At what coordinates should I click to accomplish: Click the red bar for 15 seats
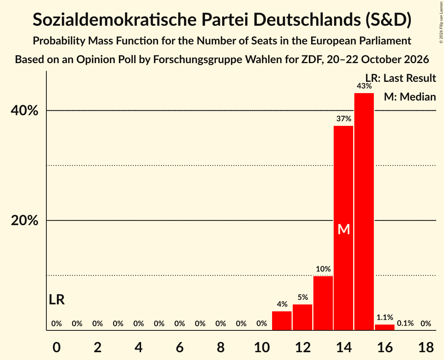click(364, 212)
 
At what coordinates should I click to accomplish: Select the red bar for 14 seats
click(343, 228)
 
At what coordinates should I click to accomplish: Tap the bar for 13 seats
click(323, 303)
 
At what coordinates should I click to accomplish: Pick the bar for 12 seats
click(302, 317)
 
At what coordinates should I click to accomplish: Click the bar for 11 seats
click(282, 321)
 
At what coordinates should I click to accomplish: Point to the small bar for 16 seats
click(385, 327)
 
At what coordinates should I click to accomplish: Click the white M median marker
click(344, 229)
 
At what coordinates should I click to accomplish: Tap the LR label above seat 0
click(57, 300)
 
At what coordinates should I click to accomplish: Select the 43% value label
click(364, 86)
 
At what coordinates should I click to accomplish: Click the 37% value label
click(344, 118)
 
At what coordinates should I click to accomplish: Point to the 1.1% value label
click(385, 317)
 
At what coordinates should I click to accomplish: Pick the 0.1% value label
click(405, 323)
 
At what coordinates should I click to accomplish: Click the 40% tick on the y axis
click(24, 111)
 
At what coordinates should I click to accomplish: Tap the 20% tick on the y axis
click(24, 221)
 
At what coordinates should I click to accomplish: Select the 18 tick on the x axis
click(426, 347)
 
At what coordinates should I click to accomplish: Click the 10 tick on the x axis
click(262, 347)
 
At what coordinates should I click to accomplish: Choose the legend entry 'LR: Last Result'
click(400, 78)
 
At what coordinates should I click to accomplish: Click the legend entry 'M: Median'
click(410, 97)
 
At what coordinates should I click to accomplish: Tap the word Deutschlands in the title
click(307, 19)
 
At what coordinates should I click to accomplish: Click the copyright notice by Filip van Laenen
click(441, 22)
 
